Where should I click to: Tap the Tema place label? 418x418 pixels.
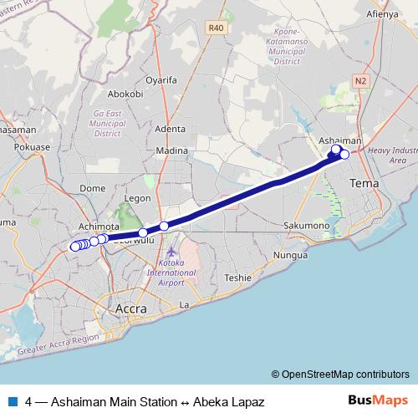point(364,182)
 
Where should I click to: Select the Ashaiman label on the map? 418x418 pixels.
point(341,142)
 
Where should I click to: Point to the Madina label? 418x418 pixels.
point(172,150)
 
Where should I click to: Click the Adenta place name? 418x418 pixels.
point(170,129)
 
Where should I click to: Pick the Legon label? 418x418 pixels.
point(136,198)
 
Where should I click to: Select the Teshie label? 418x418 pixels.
point(237,278)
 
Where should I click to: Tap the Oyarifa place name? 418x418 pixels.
point(162,81)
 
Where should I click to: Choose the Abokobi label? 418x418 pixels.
point(126,94)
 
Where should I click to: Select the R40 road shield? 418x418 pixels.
point(217,28)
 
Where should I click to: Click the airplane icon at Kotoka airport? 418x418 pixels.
point(171,252)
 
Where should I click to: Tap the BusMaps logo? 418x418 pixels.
point(377,401)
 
